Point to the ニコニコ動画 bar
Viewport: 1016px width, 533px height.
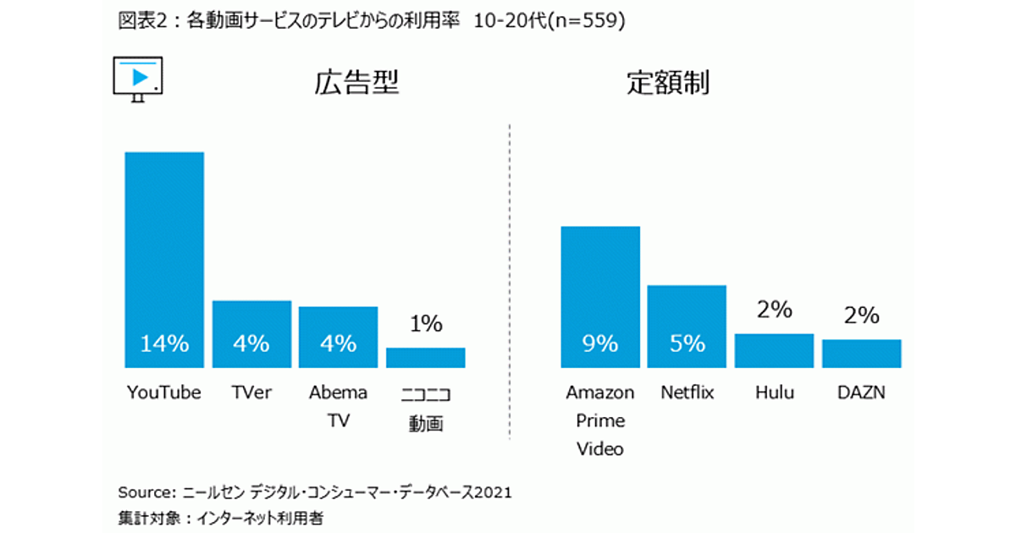(x=425, y=357)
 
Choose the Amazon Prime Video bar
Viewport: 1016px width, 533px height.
(x=600, y=297)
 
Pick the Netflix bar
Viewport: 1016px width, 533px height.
(x=687, y=327)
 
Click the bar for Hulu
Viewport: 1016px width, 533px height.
(x=774, y=350)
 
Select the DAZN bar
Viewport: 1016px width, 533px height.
(x=861, y=354)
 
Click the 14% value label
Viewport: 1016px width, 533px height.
(x=164, y=343)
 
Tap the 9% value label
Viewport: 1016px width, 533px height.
(x=600, y=343)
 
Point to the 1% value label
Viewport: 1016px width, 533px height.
(x=426, y=323)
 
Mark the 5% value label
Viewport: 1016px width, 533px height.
(x=687, y=343)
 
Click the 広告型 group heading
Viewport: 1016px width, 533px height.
(x=356, y=83)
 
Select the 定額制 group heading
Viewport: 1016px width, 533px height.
(x=668, y=83)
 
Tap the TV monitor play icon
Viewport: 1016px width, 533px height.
(x=137, y=79)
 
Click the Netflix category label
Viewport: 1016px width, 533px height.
(x=687, y=393)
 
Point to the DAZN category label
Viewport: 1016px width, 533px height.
(x=861, y=393)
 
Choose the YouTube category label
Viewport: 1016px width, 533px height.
(x=164, y=393)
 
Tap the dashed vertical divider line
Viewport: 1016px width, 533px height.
(x=510, y=279)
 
